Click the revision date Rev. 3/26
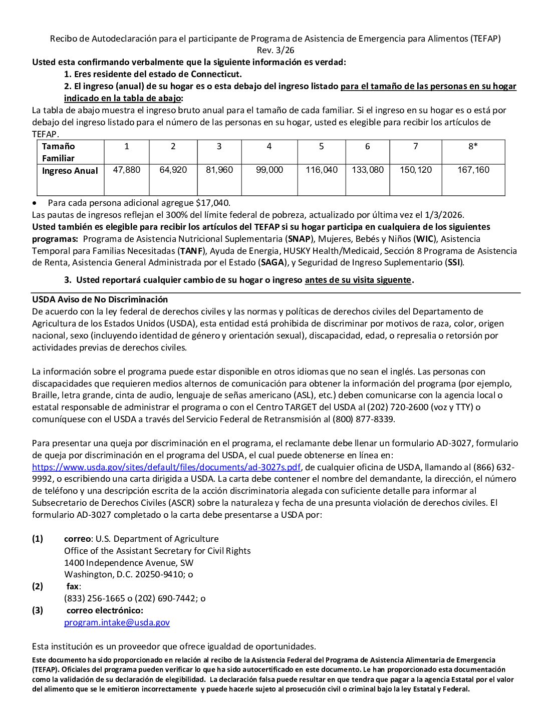click(x=276, y=50)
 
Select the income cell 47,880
click(x=127, y=170)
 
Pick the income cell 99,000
click(x=269, y=170)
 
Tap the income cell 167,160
click(x=473, y=170)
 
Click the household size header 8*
click(x=473, y=146)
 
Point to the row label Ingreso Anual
click(x=70, y=171)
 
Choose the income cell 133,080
click(x=368, y=170)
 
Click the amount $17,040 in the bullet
click(x=213, y=203)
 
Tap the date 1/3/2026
click(x=444, y=215)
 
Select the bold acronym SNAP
click(x=300, y=239)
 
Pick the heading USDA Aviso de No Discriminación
click(x=100, y=299)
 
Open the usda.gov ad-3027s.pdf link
click(x=166, y=467)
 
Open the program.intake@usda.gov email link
click(x=117, y=622)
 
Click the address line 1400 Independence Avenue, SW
click(x=129, y=563)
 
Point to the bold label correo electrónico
click(x=105, y=610)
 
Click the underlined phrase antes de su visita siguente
click(x=358, y=280)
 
